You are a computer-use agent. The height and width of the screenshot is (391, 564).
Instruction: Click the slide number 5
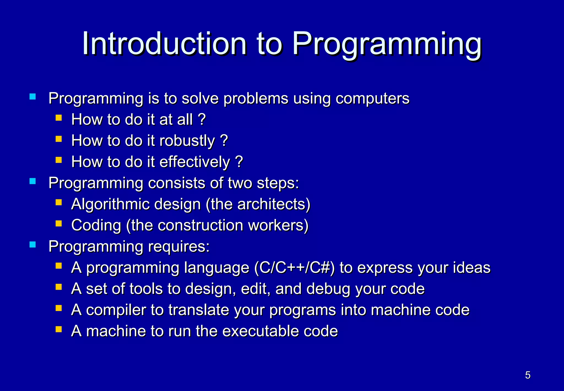528,375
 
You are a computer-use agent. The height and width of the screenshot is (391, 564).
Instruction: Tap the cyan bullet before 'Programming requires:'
33,245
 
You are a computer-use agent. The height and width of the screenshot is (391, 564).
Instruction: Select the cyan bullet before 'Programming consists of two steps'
33,181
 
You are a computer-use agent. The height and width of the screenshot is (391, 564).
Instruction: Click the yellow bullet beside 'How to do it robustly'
58,139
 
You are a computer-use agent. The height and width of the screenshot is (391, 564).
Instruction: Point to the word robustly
187,141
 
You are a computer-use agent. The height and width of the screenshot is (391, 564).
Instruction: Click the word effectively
194,162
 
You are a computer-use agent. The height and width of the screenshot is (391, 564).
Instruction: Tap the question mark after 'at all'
202,120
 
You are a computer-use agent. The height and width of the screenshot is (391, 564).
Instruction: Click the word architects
271,204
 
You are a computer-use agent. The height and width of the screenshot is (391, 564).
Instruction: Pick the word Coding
96,226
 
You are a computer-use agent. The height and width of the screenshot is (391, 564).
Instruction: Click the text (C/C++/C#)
294,268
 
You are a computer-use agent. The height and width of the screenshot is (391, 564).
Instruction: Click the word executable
260,331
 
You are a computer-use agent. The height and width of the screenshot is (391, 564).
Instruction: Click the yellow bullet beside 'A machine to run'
58,329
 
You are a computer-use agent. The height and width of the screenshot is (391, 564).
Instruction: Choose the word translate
199,310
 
